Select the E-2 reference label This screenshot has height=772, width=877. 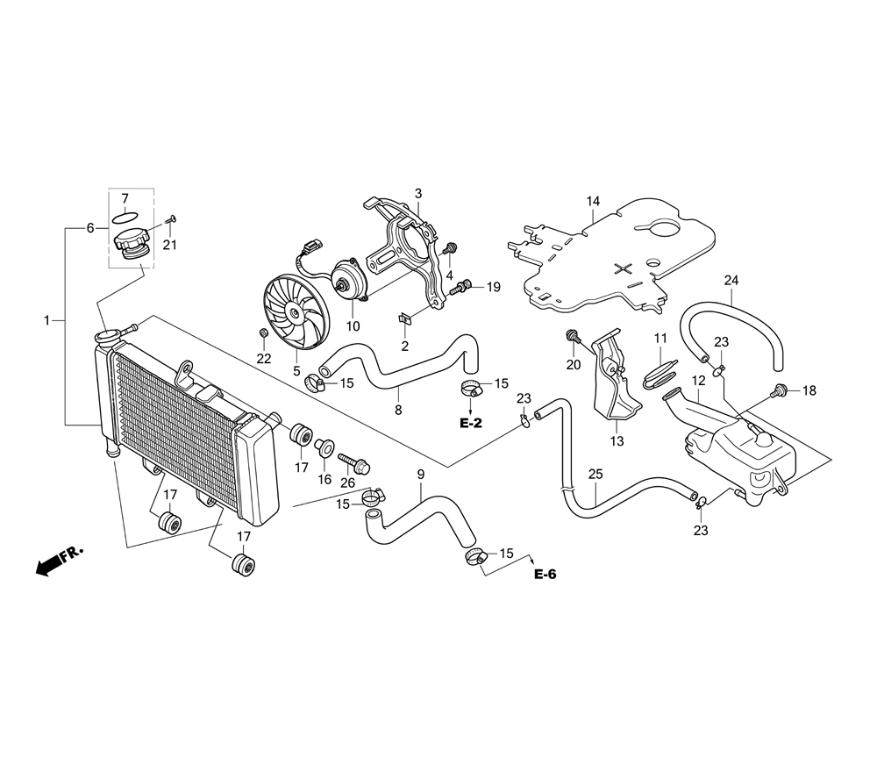[x=470, y=423]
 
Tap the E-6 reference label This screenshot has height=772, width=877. [x=545, y=575]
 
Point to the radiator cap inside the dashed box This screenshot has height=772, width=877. [x=132, y=247]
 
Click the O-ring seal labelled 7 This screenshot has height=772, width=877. [x=125, y=216]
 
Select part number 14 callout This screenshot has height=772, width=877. [x=593, y=201]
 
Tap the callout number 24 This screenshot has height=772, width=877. [x=731, y=280]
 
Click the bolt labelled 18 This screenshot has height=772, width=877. [x=777, y=390]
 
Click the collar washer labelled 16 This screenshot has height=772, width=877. [x=324, y=448]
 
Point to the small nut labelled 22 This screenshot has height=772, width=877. [x=264, y=334]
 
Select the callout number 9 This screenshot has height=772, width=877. [x=421, y=475]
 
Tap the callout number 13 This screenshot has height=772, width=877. [x=617, y=441]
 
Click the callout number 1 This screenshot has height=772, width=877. [x=47, y=320]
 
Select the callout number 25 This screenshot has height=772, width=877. [x=595, y=475]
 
